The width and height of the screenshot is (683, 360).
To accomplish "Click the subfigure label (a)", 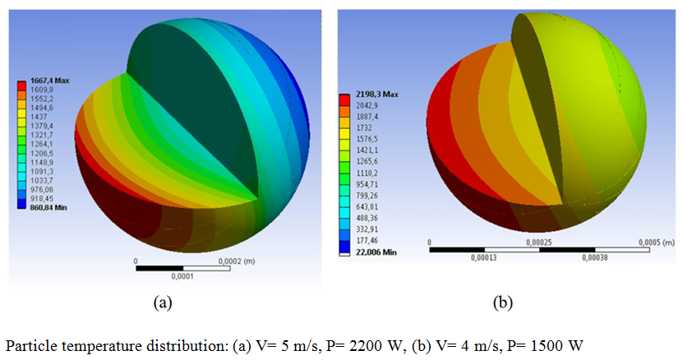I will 162,302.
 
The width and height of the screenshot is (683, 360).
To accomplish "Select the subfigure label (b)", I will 501,302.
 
